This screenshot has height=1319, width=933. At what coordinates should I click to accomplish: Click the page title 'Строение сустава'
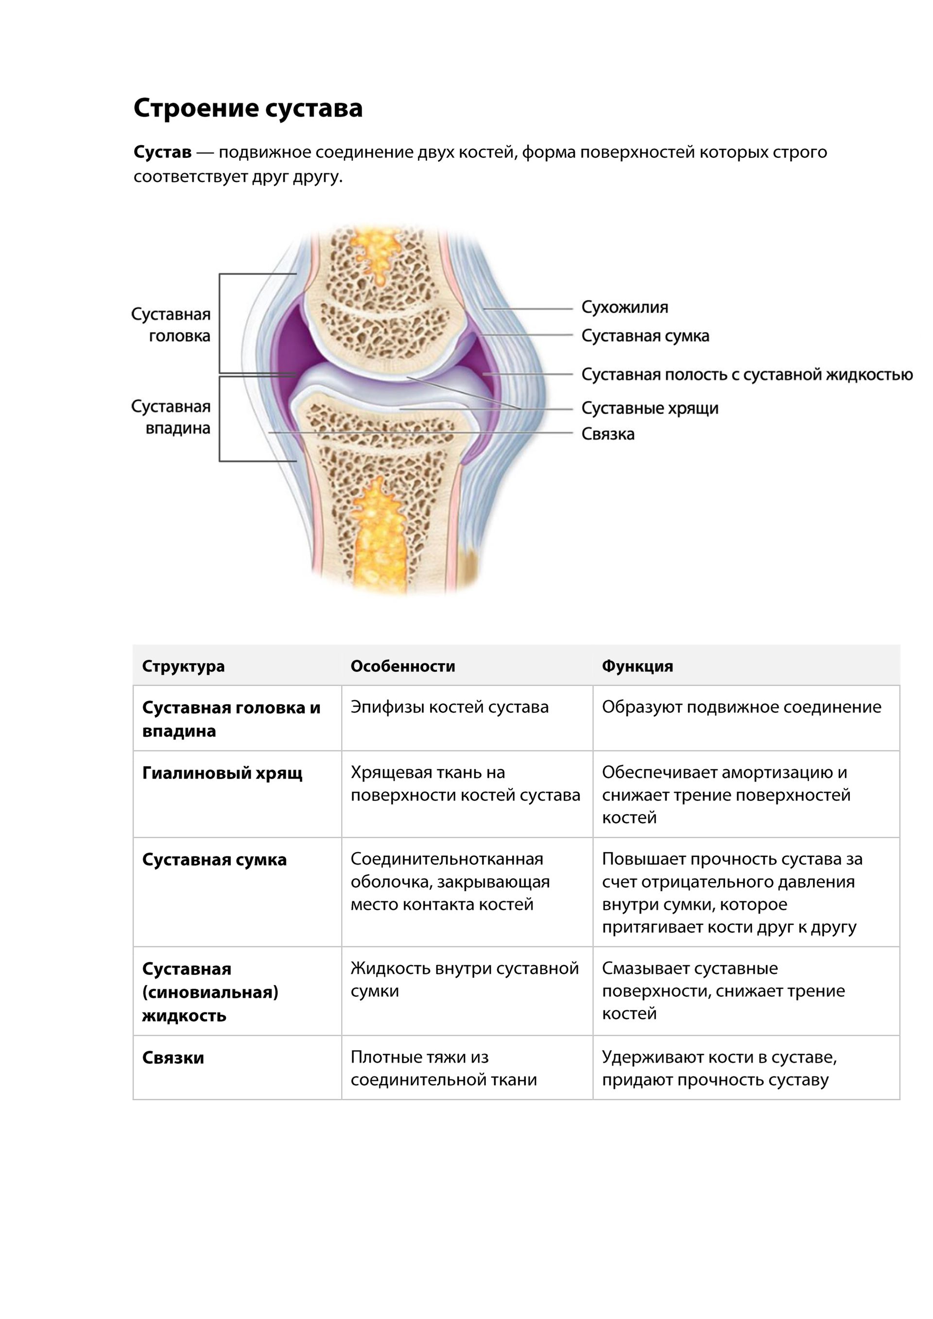pyautogui.click(x=248, y=108)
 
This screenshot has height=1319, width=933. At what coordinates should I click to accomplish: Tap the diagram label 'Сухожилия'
pyautogui.click(x=624, y=307)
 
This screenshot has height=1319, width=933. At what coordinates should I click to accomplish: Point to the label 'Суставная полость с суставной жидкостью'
pyautogui.click(x=747, y=375)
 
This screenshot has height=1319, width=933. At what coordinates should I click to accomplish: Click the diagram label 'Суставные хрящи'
pyautogui.click(x=650, y=408)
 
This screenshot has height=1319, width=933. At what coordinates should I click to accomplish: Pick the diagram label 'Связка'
pyautogui.click(x=608, y=434)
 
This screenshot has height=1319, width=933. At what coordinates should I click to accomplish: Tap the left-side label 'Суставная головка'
pyautogui.click(x=171, y=325)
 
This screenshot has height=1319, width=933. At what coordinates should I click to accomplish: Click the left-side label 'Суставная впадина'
pyautogui.click(x=171, y=417)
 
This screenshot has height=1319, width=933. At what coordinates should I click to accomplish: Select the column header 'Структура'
pyautogui.click(x=183, y=666)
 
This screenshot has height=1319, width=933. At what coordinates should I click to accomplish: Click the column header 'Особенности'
pyautogui.click(x=403, y=666)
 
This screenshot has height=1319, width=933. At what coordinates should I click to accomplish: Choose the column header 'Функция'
pyautogui.click(x=637, y=666)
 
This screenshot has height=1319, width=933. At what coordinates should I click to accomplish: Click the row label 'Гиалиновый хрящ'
pyautogui.click(x=223, y=773)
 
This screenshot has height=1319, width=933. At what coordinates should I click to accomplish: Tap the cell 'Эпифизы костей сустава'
pyautogui.click(x=449, y=707)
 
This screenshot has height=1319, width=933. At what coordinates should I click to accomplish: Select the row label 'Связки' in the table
pyautogui.click(x=173, y=1058)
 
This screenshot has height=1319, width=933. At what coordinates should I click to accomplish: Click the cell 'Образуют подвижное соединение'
pyautogui.click(x=741, y=707)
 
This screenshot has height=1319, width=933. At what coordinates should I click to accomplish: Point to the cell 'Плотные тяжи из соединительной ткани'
pyautogui.click(x=444, y=1069)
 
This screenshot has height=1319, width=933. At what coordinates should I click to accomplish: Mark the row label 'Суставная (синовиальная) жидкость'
pyautogui.click(x=210, y=992)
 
